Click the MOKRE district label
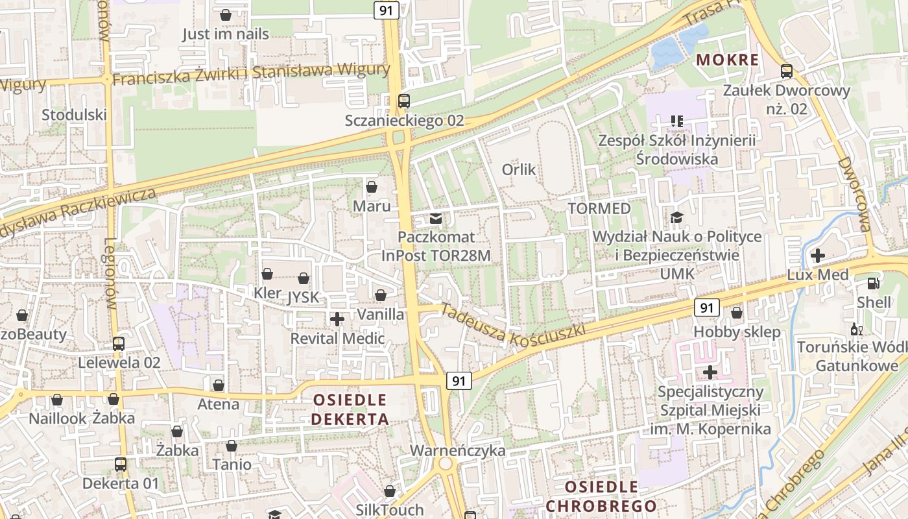(x=726, y=60)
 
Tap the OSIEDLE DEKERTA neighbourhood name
(x=350, y=409)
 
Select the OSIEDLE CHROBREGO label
(x=601, y=496)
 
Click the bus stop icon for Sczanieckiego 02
(x=404, y=101)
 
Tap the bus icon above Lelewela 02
(x=119, y=343)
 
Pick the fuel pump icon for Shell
(x=874, y=283)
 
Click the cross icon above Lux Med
(x=817, y=256)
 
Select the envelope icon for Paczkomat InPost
(x=436, y=219)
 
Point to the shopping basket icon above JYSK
(x=304, y=279)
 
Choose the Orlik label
(x=519, y=170)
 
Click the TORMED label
(x=599, y=209)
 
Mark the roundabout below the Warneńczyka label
(x=445, y=464)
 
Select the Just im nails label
(x=225, y=34)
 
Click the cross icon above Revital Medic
(x=337, y=319)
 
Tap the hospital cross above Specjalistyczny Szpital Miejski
(x=710, y=372)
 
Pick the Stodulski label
(x=74, y=115)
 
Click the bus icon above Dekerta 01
(x=121, y=465)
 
